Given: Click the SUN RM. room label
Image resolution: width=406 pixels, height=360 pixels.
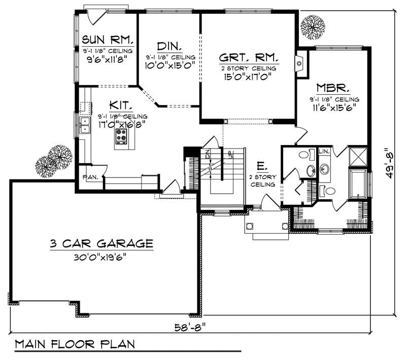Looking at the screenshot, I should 108,39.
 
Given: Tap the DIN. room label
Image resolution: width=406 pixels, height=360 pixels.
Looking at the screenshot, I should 169,46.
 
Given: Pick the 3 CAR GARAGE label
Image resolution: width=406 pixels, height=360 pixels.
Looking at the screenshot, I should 101,243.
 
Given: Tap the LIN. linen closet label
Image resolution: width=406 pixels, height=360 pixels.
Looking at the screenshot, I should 324,151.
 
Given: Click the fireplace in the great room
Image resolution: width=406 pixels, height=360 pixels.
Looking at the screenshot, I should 300,63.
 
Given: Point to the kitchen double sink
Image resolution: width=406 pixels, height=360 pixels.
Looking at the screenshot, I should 84,125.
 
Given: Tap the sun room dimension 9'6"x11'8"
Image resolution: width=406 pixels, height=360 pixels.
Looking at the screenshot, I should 108,59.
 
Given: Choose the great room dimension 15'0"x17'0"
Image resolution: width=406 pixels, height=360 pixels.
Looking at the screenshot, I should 248,78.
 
